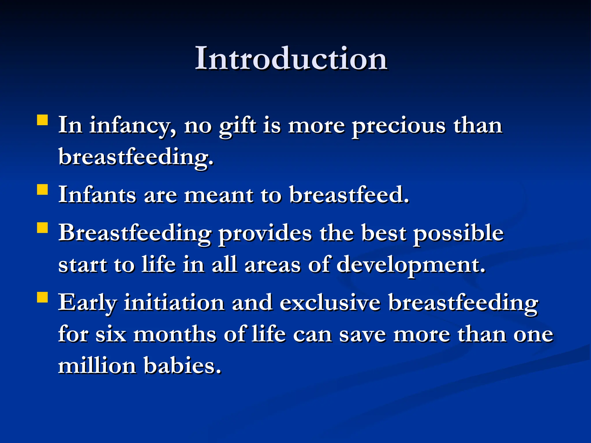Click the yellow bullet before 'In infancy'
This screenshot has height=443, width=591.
click(42, 120)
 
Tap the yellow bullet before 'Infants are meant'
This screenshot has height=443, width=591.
click(42, 190)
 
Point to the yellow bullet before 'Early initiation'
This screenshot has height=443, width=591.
click(42, 297)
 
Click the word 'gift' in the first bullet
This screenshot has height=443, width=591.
click(237, 126)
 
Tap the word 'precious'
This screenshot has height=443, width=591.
click(399, 126)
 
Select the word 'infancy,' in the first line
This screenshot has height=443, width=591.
click(132, 126)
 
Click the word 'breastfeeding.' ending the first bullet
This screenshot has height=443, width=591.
click(136, 157)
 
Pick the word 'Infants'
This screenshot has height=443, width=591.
click(97, 195)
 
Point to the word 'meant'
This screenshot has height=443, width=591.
click(219, 195)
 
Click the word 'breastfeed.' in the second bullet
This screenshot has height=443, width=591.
click(349, 195)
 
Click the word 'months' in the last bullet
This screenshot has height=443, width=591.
click(175, 335)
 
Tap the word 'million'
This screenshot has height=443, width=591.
click(97, 366)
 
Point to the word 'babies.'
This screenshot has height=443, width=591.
click(182, 366)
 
